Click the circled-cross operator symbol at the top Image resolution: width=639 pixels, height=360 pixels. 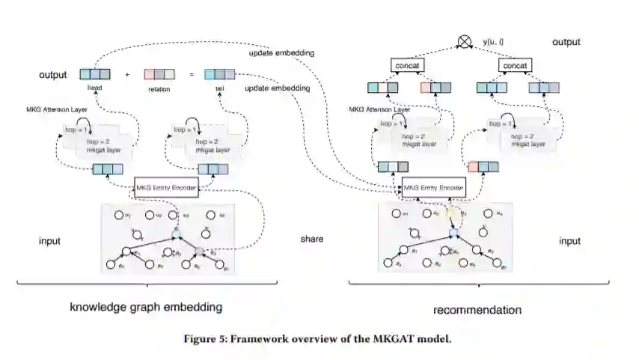(465, 43)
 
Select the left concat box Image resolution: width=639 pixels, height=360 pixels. (408, 66)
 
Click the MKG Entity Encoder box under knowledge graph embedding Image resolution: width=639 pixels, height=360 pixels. (166, 186)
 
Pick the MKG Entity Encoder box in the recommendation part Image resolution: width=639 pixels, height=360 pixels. (434, 186)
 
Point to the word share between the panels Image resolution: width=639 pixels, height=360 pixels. (312, 240)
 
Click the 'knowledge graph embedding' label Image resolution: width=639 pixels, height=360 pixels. (146, 307)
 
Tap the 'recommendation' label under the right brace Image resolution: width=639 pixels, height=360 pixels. (477, 309)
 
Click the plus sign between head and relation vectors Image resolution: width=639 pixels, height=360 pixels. (127, 75)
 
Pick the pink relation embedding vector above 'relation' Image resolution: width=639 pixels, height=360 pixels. (159, 74)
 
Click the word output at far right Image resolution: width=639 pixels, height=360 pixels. (566, 42)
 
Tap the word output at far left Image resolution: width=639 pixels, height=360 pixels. (53, 75)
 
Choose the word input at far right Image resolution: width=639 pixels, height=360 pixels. (569, 241)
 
